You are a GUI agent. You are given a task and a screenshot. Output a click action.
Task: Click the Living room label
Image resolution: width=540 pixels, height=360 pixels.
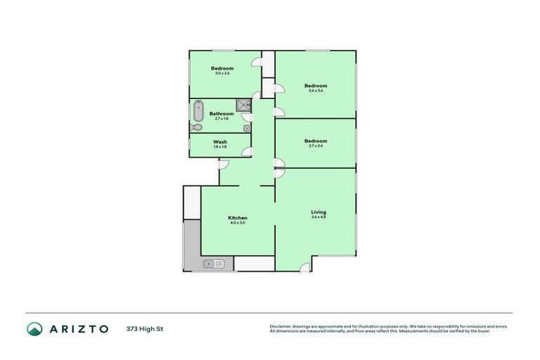[x=319, y=212]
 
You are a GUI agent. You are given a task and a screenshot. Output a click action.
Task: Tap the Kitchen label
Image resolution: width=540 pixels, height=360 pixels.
[x=238, y=218]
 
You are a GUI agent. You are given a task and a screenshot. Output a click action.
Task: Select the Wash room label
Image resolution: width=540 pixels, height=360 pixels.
[x=220, y=141]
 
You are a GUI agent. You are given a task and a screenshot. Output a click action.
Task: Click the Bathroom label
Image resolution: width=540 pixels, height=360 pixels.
[x=221, y=113]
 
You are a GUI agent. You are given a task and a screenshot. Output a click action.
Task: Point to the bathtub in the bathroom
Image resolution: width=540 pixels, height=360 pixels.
[x=198, y=112]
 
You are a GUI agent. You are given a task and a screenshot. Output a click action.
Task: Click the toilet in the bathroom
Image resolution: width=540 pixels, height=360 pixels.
[x=196, y=128]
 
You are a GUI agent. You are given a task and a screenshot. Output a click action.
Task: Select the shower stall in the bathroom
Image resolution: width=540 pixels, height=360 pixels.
[x=243, y=105]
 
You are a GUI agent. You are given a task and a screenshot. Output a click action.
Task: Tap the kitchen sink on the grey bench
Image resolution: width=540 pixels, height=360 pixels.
[x=213, y=264]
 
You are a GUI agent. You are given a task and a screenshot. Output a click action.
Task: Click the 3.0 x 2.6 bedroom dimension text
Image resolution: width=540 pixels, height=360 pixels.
[x=222, y=73]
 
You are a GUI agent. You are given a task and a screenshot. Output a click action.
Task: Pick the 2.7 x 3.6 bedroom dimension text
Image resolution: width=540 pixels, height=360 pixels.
[x=316, y=146]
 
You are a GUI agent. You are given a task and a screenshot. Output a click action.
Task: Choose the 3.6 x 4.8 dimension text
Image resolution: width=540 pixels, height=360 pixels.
[x=319, y=217]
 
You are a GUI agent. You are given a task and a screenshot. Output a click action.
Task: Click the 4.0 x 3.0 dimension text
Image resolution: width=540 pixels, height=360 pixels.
[x=238, y=223]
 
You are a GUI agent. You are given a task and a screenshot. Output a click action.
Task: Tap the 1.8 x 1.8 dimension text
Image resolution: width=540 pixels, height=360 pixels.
[x=220, y=146]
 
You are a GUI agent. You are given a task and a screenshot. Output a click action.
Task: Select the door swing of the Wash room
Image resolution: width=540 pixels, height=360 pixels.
[x=247, y=151]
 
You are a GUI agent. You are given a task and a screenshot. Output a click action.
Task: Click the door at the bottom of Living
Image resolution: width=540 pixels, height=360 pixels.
[x=304, y=267]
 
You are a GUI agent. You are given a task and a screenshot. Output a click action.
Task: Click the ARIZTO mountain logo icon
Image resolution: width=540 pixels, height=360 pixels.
[x=34, y=328]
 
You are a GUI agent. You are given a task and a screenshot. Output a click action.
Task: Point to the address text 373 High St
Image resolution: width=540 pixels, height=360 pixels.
[x=146, y=328]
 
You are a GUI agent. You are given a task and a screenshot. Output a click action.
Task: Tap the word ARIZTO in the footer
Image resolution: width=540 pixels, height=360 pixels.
[x=78, y=328]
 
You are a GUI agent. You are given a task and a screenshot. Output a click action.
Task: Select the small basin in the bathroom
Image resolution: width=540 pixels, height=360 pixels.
[x=247, y=129]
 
